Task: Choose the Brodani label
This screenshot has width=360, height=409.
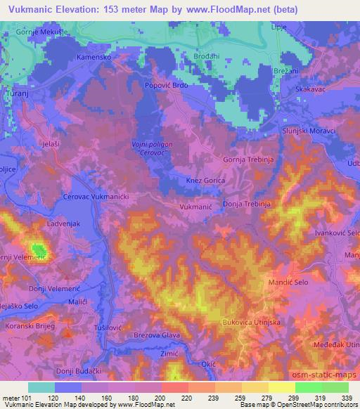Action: [206, 56]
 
